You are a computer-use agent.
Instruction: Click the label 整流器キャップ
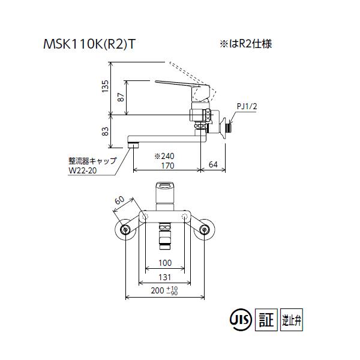[92, 161]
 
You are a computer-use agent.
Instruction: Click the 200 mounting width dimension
[158, 290]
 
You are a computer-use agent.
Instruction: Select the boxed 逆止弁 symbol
[292, 318]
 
